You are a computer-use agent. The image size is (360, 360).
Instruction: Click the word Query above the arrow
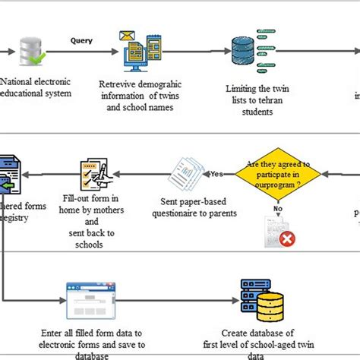(83, 40)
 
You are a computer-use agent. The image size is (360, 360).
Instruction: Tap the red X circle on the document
(287, 239)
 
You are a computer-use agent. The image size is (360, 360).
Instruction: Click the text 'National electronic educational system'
(38, 87)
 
